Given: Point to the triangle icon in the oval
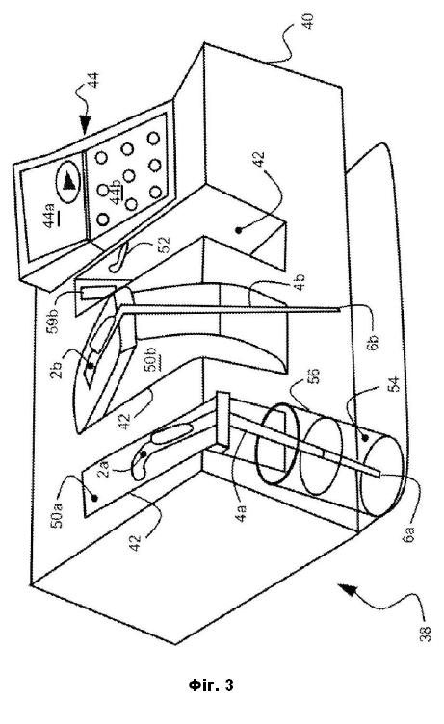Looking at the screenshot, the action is tap(69, 181).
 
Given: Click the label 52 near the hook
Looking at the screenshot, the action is tap(164, 245).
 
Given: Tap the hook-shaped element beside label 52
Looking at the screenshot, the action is tap(118, 260).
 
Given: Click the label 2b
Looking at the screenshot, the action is tap(57, 370).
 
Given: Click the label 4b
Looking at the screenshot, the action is tap(300, 282).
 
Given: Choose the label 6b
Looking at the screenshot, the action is tap(374, 342).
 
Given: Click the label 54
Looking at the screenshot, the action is tap(394, 386).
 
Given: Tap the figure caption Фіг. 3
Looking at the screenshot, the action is tap(211, 685).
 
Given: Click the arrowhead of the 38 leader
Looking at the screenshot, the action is tap(346, 590).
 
